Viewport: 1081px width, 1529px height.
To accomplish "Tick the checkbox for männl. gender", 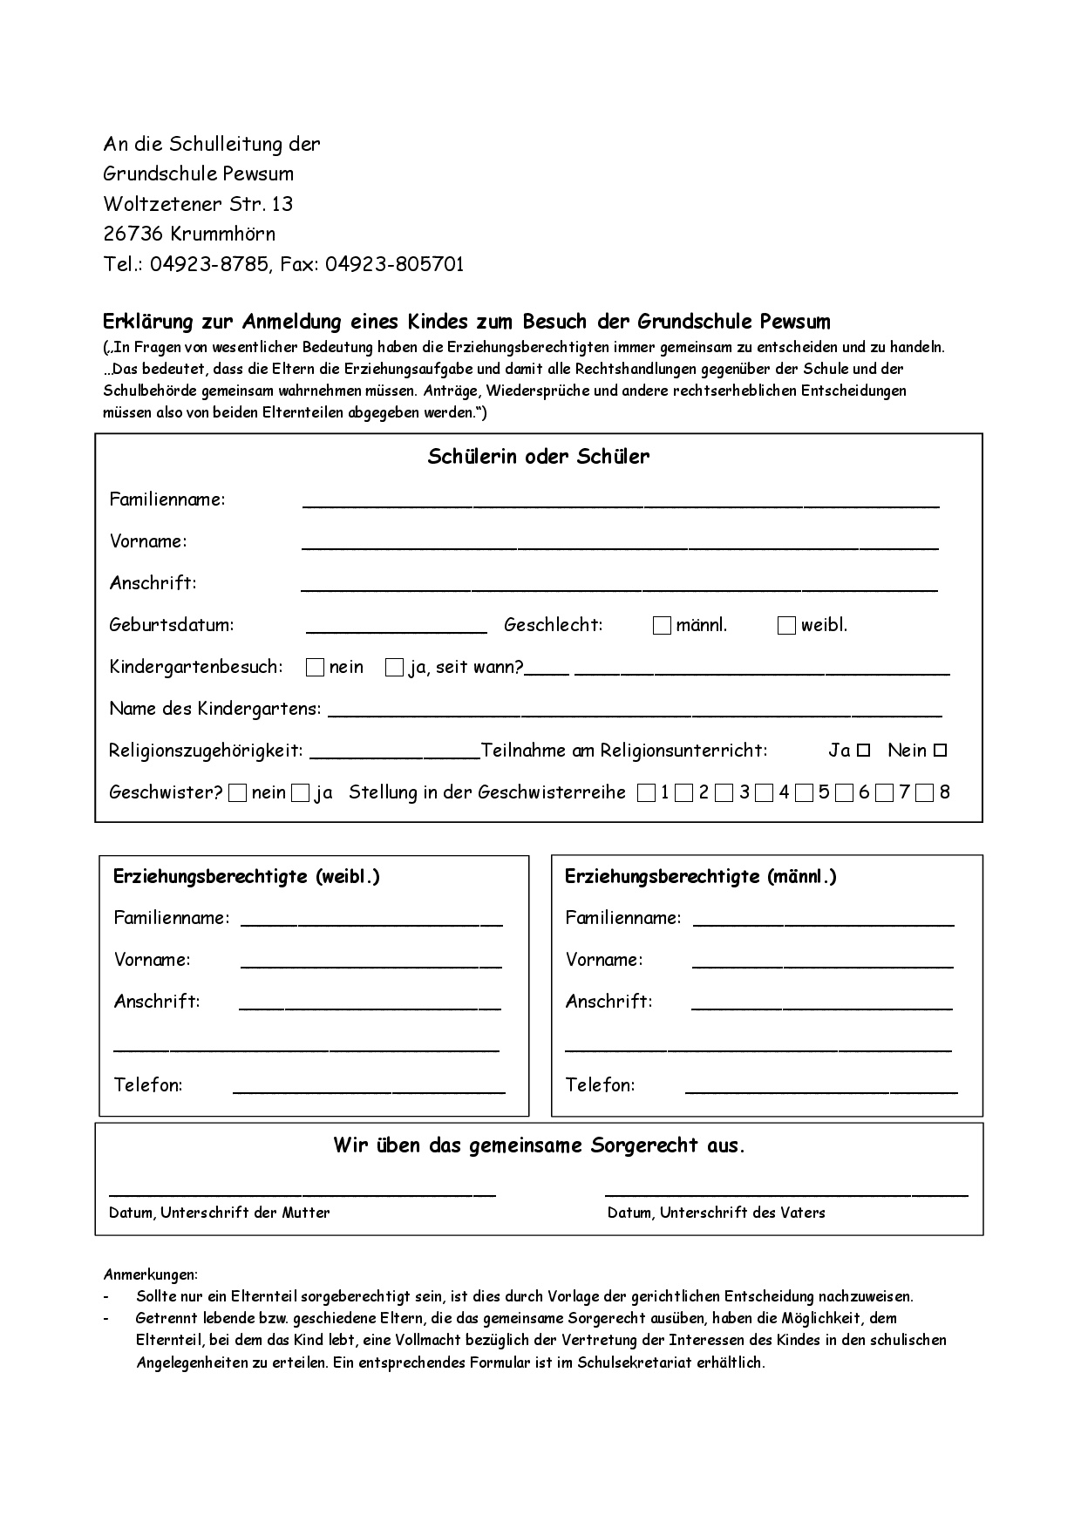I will (662, 625).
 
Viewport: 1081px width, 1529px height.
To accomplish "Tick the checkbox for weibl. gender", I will (786, 625).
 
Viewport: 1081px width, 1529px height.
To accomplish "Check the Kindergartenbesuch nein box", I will (315, 668).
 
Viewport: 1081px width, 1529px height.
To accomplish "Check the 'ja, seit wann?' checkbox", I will (394, 668).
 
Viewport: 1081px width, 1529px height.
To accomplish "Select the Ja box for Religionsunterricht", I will (863, 750).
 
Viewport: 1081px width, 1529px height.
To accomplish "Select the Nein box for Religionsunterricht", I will (940, 750).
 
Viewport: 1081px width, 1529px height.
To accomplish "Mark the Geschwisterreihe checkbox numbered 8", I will (925, 792).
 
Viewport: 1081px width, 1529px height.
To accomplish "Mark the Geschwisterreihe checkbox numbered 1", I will (646, 792).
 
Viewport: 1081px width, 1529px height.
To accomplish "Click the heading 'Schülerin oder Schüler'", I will (539, 457).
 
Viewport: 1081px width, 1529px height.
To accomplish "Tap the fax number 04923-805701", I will (395, 264).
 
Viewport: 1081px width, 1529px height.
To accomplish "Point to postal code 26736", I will (134, 234).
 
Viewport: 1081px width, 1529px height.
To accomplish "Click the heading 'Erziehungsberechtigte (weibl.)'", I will (247, 877).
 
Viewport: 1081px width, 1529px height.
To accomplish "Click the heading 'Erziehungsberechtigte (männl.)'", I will (701, 877).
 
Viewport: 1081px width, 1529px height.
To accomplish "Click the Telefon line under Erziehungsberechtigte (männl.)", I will (821, 1090).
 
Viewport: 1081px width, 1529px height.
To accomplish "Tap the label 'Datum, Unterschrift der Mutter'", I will (220, 1213).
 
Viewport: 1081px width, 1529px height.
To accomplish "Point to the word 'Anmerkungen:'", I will (151, 1274).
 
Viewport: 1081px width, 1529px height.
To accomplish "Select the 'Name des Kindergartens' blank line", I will (635, 713).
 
